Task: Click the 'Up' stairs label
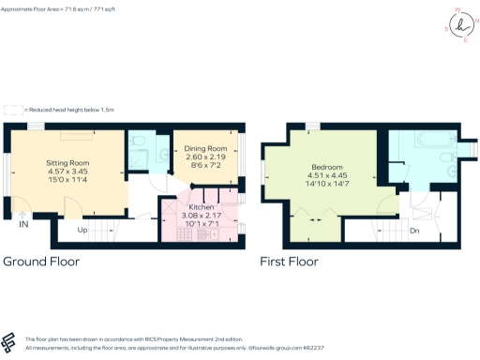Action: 82,230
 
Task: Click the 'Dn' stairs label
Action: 413,230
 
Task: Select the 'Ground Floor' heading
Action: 41,262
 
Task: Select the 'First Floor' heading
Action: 297,262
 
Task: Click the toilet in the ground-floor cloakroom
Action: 138,143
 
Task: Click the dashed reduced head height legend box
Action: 12,110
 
